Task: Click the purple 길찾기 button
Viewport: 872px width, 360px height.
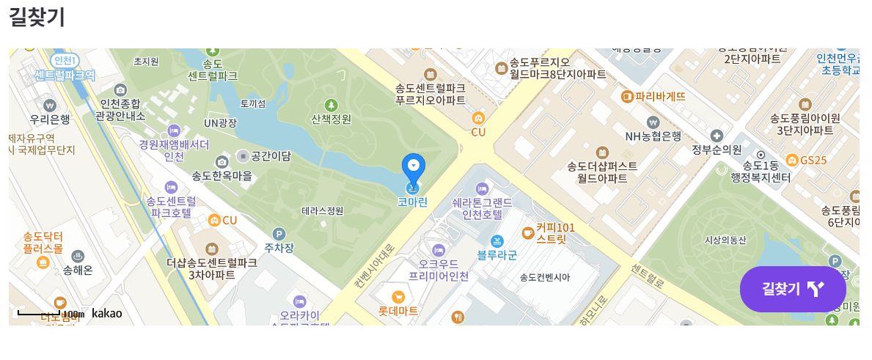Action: click(792, 289)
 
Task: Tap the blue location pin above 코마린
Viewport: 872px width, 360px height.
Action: click(414, 169)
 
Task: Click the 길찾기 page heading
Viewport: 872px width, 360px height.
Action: click(37, 16)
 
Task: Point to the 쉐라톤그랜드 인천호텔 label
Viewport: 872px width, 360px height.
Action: click(477, 208)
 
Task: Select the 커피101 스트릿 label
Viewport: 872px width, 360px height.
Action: click(555, 233)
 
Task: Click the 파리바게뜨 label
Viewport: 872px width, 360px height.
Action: click(660, 96)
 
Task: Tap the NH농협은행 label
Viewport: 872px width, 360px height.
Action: click(653, 136)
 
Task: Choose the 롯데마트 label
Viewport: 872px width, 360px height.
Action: click(398, 310)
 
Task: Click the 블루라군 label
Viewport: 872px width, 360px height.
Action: click(497, 255)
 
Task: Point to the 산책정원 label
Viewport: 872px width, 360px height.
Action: click(331, 119)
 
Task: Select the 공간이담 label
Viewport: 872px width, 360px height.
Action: click(271, 155)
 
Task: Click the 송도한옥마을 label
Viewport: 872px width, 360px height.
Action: click(221, 176)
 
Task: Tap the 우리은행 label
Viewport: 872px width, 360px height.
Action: click(50, 119)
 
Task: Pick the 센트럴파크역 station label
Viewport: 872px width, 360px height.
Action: click(65, 75)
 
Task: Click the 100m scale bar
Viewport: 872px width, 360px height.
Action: click(40, 314)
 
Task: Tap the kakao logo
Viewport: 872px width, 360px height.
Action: click(106, 314)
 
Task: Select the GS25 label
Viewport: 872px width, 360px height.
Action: click(813, 160)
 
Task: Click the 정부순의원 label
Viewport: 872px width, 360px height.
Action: click(717, 149)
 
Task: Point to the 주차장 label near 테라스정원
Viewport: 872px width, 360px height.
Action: click(279, 248)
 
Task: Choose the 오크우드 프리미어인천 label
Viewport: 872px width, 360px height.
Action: click(439, 270)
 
